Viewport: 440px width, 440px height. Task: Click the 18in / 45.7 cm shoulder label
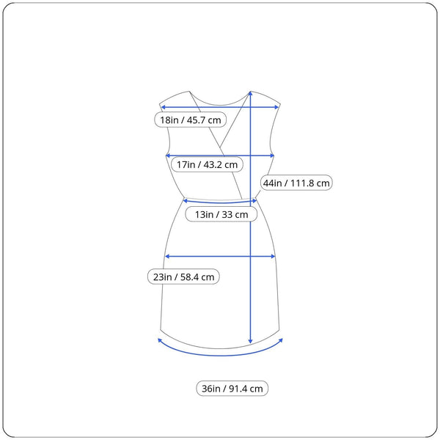click(x=190, y=120)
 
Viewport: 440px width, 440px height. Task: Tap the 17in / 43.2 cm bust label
click(x=207, y=164)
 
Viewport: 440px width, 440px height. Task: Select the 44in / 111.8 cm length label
click(x=296, y=183)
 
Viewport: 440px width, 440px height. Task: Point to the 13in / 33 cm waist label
click(x=221, y=214)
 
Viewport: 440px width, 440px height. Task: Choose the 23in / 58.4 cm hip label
click(x=183, y=277)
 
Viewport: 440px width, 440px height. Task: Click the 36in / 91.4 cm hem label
click(x=232, y=389)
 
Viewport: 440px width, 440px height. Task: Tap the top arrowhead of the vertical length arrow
click(x=250, y=93)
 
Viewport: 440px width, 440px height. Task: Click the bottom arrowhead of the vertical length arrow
click(x=250, y=341)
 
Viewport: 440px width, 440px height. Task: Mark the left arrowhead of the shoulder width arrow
click(x=163, y=107)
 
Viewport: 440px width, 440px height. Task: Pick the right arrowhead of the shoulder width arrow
click(x=276, y=107)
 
